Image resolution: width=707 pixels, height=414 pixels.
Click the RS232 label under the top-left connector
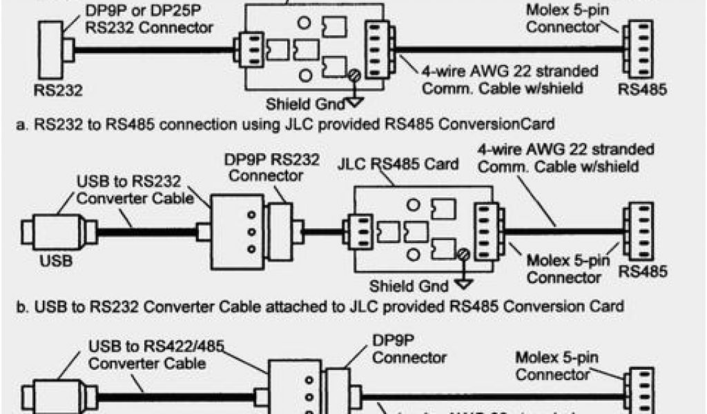pos(58,90)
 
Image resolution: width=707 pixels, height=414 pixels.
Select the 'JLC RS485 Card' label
pos(398,164)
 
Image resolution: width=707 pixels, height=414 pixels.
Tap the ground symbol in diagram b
pos(463,282)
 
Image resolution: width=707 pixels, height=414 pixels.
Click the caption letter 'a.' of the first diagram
pos(21,124)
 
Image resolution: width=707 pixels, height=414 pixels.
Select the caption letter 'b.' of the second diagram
pos(21,306)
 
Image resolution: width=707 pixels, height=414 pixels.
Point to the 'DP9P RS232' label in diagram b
pos(271,159)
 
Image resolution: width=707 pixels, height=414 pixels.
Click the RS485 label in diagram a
pos(643,90)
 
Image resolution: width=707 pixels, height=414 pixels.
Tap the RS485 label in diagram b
pos(643,271)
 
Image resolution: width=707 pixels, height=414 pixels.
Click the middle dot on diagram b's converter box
pos(251,231)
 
